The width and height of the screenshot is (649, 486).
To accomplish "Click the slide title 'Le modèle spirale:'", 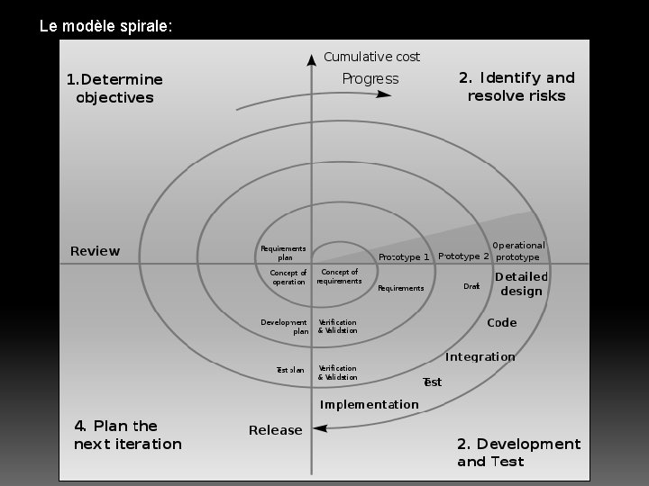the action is tap(105, 26).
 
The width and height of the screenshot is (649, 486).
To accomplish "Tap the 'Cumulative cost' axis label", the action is tap(371, 57).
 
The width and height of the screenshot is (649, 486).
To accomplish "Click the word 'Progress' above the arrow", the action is tap(370, 79).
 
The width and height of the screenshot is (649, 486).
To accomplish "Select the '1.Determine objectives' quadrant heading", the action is tap(114, 88).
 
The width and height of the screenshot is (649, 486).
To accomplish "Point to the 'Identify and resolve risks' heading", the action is tap(516, 86).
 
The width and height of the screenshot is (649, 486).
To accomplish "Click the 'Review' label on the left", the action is tap(95, 251).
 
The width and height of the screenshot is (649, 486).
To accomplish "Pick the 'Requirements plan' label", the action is tap(283, 253).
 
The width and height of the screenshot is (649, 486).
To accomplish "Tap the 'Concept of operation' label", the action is tap(288, 277).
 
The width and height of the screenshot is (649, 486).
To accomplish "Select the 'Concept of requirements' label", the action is tap(339, 276).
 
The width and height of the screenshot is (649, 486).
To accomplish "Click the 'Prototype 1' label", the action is tap(404, 257).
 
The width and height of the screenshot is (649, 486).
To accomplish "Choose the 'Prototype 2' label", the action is tap(463, 256).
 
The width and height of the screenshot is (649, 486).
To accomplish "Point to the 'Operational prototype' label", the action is tap(518, 251).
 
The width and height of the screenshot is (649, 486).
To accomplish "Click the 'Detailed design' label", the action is tap(521, 283).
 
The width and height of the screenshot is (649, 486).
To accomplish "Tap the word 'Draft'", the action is tap(471, 287).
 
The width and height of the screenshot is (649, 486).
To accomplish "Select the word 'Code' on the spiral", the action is tap(502, 323).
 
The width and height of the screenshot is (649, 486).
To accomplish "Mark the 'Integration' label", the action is tap(480, 356).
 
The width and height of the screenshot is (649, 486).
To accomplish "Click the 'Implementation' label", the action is tap(370, 404).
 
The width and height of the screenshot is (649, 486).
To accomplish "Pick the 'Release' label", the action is tap(275, 430).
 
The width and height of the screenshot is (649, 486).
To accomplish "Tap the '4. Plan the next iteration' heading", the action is tap(127, 435).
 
